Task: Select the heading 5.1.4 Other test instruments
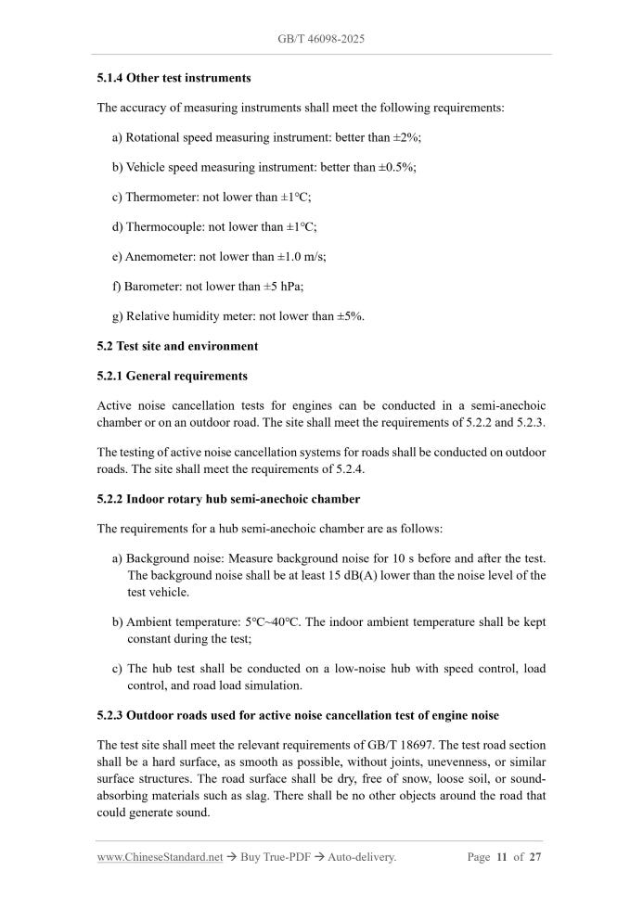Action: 174,78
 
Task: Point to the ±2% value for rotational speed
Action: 406,137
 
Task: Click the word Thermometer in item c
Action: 159,197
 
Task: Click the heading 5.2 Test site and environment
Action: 177,346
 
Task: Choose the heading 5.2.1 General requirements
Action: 172,376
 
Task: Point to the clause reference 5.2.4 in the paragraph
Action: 349,469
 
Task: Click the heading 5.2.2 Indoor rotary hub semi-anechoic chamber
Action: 228,499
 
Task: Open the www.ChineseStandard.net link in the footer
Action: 160,857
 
